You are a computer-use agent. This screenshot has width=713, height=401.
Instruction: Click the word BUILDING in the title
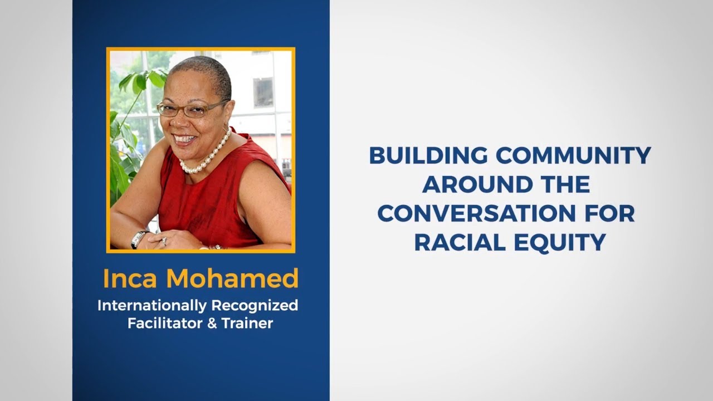pyautogui.click(x=428, y=155)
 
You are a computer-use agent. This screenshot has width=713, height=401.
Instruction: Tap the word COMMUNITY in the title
pyautogui.click(x=573, y=155)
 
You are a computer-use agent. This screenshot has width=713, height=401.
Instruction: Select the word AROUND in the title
pyautogui.click(x=477, y=184)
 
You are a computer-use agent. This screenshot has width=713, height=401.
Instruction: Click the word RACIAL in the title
pyautogui.click(x=460, y=242)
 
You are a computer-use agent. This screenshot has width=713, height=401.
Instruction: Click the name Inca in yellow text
pyautogui.click(x=130, y=278)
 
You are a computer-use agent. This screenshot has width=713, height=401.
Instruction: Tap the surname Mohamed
pyautogui.click(x=232, y=278)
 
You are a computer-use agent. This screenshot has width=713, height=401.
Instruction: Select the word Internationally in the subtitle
pyautogui.click(x=152, y=306)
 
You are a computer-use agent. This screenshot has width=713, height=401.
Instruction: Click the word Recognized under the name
pyautogui.click(x=255, y=306)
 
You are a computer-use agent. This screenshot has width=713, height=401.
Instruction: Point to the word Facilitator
pyautogui.click(x=165, y=324)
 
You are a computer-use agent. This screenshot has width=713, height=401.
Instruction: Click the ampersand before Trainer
pyautogui.click(x=212, y=324)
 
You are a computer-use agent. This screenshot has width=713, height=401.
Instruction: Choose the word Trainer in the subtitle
pyautogui.click(x=247, y=324)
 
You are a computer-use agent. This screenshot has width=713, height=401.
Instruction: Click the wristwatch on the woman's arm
pyautogui.click(x=139, y=239)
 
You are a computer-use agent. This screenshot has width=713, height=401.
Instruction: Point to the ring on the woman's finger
pyautogui.click(x=164, y=242)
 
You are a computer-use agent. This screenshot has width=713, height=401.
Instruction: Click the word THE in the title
pyautogui.click(x=565, y=184)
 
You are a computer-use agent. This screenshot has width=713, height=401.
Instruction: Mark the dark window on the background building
pyautogui.click(x=263, y=92)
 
